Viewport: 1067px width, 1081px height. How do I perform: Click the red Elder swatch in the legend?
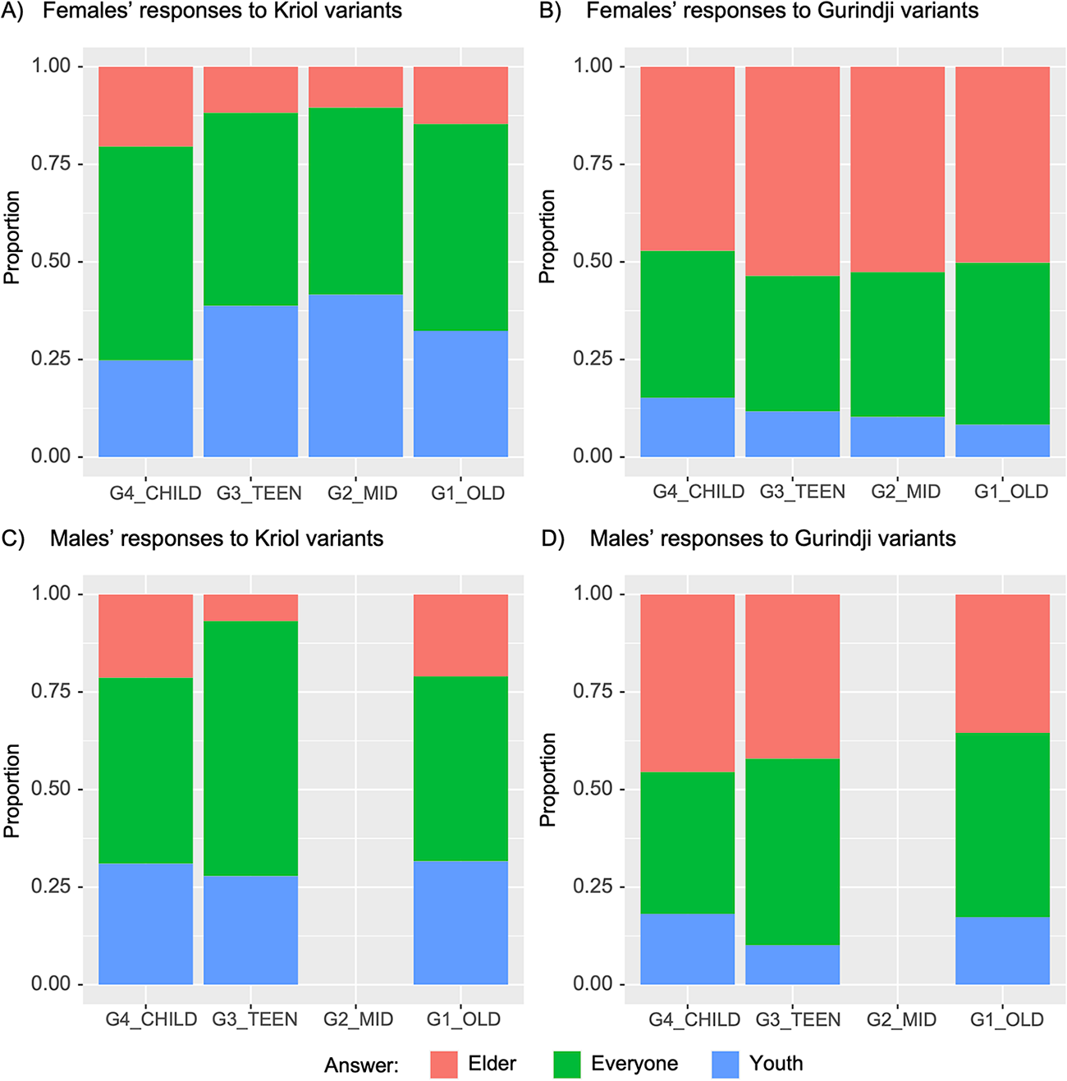coord(443,1065)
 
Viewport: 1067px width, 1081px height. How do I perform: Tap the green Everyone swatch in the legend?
coord(567,1065)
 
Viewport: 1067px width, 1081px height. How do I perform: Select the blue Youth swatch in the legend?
coord(726,1065)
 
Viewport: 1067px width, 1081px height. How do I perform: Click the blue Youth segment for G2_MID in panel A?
coord(355,375)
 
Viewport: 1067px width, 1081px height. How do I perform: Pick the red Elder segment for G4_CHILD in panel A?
coord(145,107)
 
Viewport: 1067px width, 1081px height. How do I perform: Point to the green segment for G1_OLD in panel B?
coord(1002,343)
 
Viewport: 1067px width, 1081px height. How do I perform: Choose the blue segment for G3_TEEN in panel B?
coord(792,433)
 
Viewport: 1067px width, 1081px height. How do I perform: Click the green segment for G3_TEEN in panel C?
coord(250,748)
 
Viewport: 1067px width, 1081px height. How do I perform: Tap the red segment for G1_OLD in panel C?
coord(460,634)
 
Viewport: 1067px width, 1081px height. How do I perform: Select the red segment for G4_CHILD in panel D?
coord(687,683)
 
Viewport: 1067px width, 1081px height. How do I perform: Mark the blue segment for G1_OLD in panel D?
coord(1002,950)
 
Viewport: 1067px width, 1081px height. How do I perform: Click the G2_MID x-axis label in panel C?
coord(358,1019)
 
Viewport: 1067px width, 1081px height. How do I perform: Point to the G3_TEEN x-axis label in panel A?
coord(259,493)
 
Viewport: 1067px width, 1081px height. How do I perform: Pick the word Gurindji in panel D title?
coord(832,538)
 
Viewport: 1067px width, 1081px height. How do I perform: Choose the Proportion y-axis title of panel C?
coord(11,790)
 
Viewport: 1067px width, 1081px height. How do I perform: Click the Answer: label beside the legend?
coord(361,1065)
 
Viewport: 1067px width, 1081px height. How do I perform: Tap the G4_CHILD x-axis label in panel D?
coord(694,1019)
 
